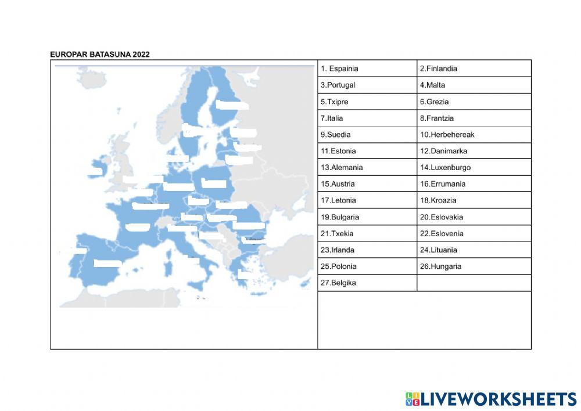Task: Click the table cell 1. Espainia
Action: pos(367,68)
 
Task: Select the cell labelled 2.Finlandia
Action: pos(474,68)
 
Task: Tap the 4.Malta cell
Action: pos(474,85)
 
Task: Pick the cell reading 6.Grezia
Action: pos(474,102)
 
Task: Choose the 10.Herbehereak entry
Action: pos(474,135)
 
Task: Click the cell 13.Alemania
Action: pos(367,168)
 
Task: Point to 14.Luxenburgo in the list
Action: pos(474,168)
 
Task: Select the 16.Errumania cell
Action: pos(474,184)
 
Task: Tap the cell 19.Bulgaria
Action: pos(367,217)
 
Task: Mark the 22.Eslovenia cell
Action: pos(474,233)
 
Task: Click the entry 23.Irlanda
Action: pos(367,250)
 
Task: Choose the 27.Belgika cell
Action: pos(367,283)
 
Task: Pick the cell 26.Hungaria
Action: pos(474,266)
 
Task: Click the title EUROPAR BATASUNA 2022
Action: pos(100,55)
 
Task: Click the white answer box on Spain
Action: pos(107,264)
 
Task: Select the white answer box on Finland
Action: pos(232,105)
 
